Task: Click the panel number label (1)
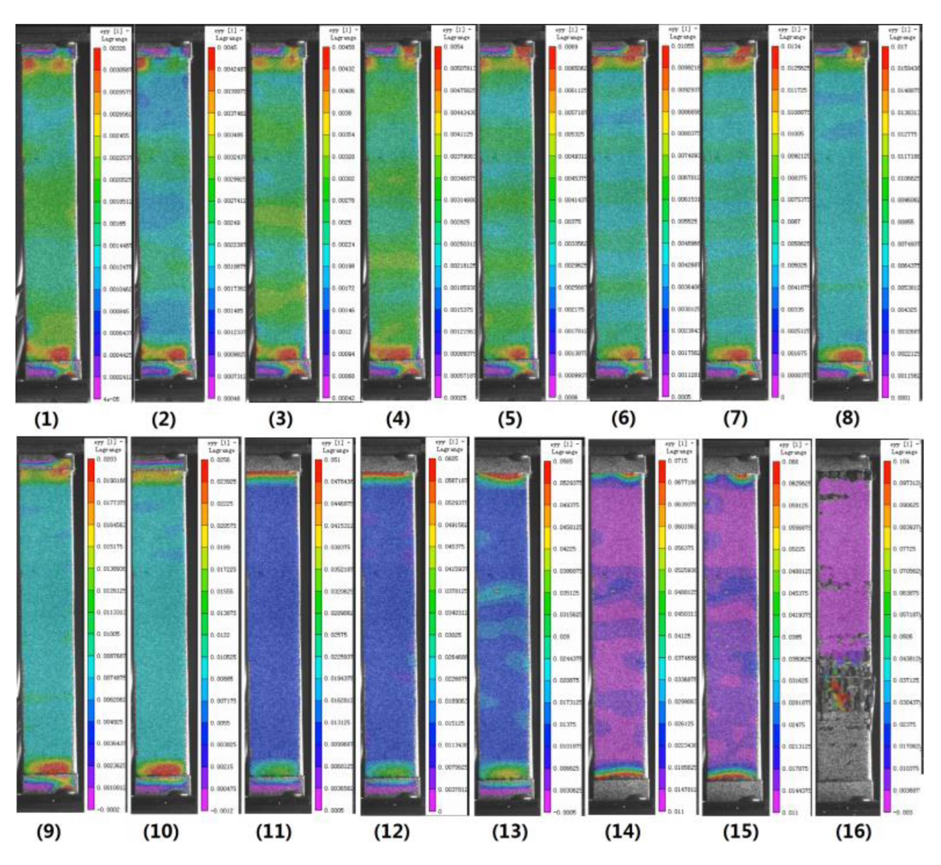(x=46, y=419)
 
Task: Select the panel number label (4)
(x=397, y=419)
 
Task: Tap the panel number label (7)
(x=735, y=418)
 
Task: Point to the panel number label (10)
(x=161, y=832)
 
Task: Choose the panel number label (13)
(x=510, y=832)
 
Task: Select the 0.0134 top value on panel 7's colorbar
(x=791, y=46)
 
